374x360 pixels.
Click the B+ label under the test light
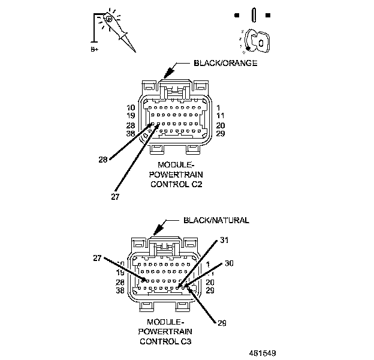click(x=95, y=50)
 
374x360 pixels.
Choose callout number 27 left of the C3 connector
click(x=96, y=259)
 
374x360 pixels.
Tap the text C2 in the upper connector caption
click(x=196, y=185)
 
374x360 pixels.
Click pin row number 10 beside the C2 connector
click(x=131, y=107)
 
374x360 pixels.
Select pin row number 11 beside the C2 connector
click(x=220, y=116)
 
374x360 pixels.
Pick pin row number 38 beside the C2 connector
click(x=131, y=133)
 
